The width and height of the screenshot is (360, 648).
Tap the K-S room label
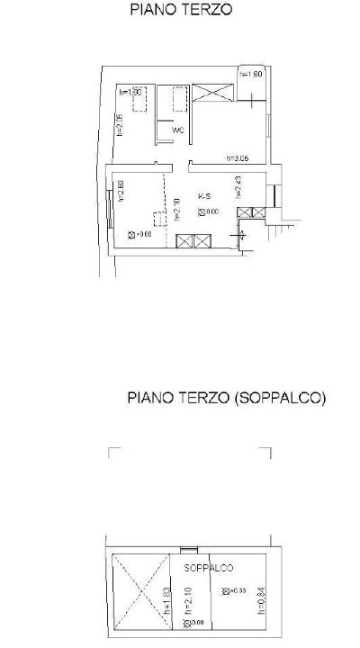[x=205, y=195]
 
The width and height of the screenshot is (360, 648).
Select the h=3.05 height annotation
[x=238, y=157]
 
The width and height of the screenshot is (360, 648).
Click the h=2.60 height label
[x=120, y=191]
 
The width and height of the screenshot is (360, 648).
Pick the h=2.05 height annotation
[x=119, y=124]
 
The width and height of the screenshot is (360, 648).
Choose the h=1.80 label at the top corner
[x=251, y=74]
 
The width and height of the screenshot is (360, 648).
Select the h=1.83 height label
[x=167, y=596]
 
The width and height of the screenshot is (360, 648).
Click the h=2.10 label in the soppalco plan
[x=187, y=596]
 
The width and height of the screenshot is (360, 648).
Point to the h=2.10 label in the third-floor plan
[x=176, y=208]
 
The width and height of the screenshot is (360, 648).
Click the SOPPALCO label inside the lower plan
[x=208, y=568]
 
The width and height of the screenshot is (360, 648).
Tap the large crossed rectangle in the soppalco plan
[x=139, y=595]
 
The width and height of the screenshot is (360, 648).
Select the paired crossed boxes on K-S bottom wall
[x=193, y=241]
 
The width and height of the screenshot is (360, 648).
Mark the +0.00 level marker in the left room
[x=139, y=236]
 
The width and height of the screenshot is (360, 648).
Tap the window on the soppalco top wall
[x=188, y=548]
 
